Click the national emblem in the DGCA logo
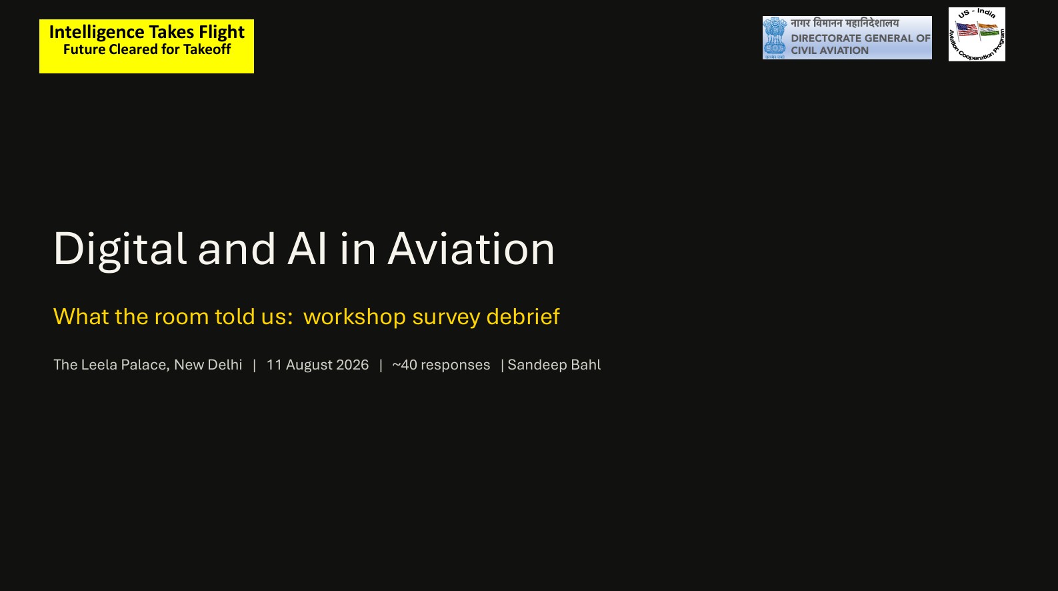[775, 37]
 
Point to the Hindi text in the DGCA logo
[845, 23]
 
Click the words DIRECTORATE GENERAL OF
[861, 38]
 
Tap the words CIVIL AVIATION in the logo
[830, 51]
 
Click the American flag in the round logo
[967, 30]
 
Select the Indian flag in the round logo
[989, 30]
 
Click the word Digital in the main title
[120, 249]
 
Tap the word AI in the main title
[307, 249]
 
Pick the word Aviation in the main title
[471, 249]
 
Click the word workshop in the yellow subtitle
[355, 316]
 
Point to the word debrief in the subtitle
[523, 316]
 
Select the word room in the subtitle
[181, 317]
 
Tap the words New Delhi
[208, 365]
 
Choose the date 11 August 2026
[317, 365]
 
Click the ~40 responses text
[441, 365]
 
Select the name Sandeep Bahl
[554, 365]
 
